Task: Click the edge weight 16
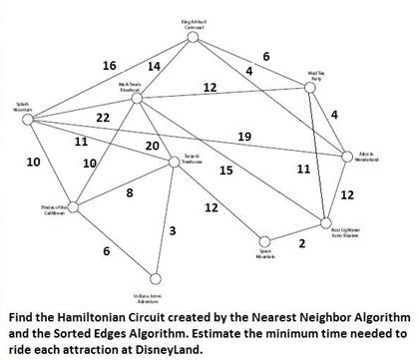coord(110,65)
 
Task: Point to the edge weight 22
coord(102,118)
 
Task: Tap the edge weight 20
coord(152,147)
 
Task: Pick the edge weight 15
coord(225,171)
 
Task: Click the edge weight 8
coord(130,192)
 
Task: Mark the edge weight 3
coord(173,231)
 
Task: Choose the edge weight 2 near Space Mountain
coord(300,242)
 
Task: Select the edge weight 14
coord(154,66)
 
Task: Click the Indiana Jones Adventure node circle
coord(154,278)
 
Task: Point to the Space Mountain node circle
coord(264,240)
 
